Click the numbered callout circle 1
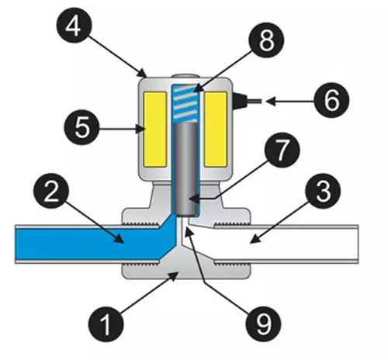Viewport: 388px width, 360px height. point(106,324)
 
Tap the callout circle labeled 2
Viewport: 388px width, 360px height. point(51,192)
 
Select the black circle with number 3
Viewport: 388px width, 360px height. point(323,191)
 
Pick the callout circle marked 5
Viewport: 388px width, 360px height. point(81,128)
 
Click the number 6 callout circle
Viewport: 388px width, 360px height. point(331,100)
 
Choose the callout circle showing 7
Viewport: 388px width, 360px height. point(282,150)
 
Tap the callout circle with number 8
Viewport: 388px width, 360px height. point(267,40)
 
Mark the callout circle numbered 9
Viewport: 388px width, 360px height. point(263,324)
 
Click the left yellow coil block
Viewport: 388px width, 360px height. point(155,130)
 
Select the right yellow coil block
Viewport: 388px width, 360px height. point(216,130)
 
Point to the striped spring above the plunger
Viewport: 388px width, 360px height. point(185,103)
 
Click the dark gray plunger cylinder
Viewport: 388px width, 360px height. point(185,169)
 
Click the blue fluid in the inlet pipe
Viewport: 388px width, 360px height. point(88,244)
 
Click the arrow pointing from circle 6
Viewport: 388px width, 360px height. point(289,102)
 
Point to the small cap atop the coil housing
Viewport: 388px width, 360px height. point(185,76)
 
